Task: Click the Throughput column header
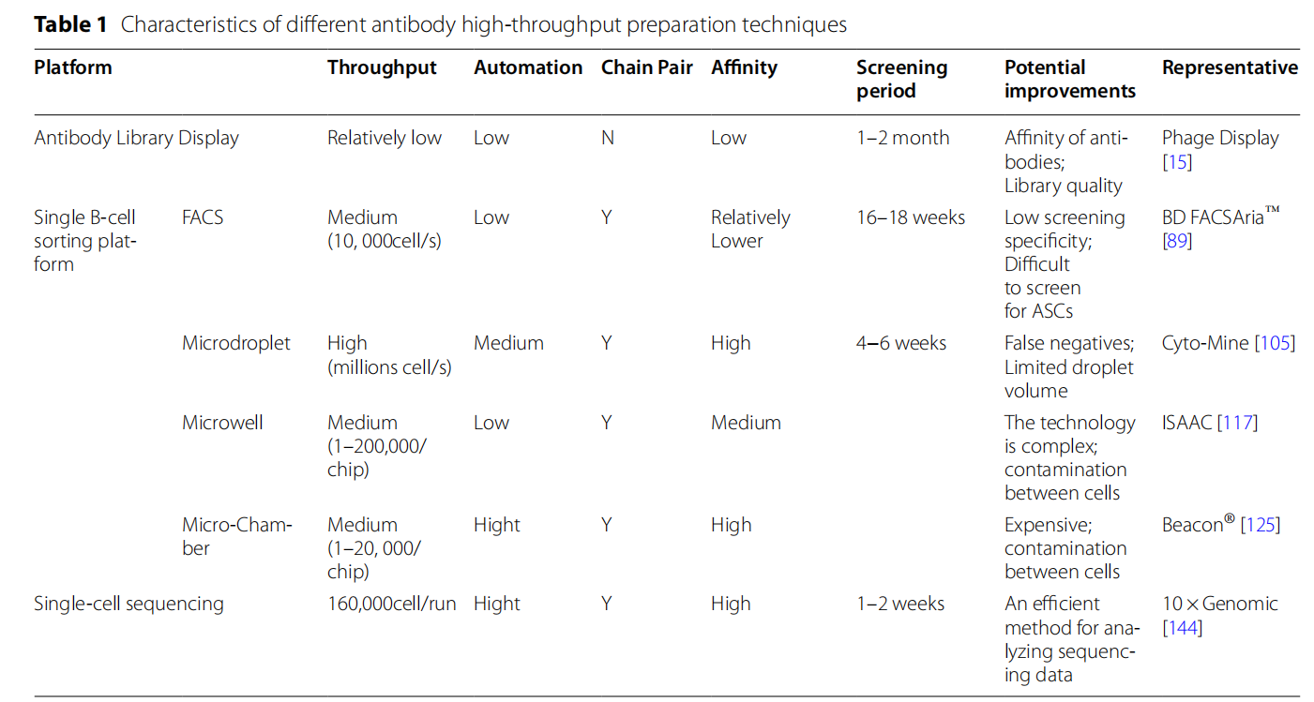click(382, 67)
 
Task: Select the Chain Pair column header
click(646, 67)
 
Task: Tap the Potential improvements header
click(1069, 79)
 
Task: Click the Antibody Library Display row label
click(136, 138)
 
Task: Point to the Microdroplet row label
click(235, 343)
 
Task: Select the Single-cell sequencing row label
click(128, 604)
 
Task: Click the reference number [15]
click(1176, 161)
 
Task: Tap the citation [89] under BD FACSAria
click(1177, 241)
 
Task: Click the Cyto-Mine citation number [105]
click(1274, 343)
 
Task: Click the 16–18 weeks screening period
click(910, 217)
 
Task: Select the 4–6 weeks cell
click(900, 343)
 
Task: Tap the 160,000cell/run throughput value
click(391, 604)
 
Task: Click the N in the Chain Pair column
click(607, 138)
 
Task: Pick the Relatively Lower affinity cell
click(749, 229)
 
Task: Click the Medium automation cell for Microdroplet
click(507, 343)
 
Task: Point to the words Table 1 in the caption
click(71, 25)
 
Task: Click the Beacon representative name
click(1192, 525)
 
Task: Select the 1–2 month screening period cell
click(901, 138)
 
